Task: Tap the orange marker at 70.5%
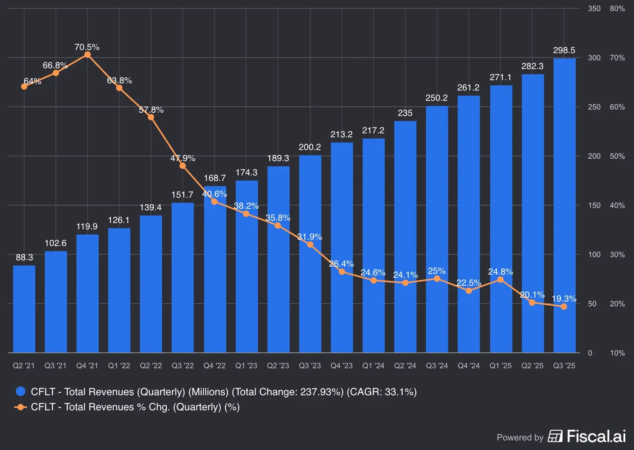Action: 88,55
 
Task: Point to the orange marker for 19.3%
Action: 564,306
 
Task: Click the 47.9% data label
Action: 183,158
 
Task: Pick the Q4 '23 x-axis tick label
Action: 342,365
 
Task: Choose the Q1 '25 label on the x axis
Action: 500,365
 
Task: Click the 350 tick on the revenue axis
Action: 594,9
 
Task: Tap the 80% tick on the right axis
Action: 617,9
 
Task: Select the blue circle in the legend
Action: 21,392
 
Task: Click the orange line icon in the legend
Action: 21,407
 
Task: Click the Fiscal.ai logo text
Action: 596,436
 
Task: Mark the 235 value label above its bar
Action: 405,113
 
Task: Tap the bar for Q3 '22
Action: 183,278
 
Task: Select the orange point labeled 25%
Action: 437,279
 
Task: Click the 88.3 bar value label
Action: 24,258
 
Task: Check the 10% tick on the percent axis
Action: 617,353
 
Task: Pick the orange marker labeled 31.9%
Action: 310,244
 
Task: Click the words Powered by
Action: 520,437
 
